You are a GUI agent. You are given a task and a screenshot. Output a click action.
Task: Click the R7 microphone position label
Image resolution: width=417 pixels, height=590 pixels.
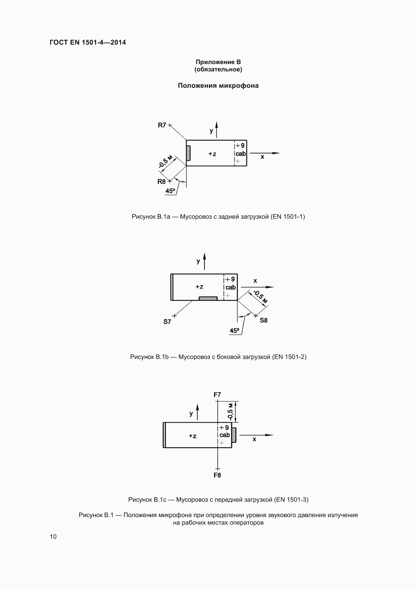(x=162, y=125)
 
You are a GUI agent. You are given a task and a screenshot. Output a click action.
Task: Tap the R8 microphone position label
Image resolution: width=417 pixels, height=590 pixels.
(x=161, y=182)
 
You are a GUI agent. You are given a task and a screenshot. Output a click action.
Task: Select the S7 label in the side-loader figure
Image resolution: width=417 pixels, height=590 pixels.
(x=167, y=322)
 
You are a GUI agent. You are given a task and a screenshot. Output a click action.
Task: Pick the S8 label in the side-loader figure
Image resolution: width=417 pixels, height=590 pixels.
(x=263, y=320)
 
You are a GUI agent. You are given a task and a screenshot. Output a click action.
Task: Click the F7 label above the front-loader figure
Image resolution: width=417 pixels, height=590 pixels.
(x=217, y=395)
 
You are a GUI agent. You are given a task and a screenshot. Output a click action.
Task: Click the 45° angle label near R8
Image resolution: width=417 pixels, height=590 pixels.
(x=170, y=191)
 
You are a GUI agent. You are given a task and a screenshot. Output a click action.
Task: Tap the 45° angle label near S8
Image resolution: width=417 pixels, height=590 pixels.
(x=234, y=331)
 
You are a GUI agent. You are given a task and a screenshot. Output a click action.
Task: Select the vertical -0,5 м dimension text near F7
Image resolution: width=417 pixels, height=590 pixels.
(x=230, y=412)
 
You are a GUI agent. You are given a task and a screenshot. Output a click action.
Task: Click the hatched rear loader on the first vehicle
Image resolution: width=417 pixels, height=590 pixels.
(x=189, y=153)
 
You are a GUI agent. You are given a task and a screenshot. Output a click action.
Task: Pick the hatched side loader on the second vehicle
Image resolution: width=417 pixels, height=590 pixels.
(x=208, y=298)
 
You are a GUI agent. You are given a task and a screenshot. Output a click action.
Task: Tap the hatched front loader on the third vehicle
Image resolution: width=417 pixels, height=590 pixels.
(x=234, y=435)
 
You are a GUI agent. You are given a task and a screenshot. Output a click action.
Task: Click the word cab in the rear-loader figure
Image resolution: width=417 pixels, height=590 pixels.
(x=241, y=154)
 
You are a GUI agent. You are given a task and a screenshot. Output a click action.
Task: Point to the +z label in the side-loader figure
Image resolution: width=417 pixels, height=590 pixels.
(x=199, y=287)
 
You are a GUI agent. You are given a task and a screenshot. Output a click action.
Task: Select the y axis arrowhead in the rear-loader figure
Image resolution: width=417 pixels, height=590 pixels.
(x=217, y=125)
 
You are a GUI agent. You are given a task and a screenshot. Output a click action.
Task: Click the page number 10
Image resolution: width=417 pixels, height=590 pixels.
(x=53, y=537)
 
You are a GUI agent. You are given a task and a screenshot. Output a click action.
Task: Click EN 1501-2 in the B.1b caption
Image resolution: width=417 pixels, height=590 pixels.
(x=290, y=357)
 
